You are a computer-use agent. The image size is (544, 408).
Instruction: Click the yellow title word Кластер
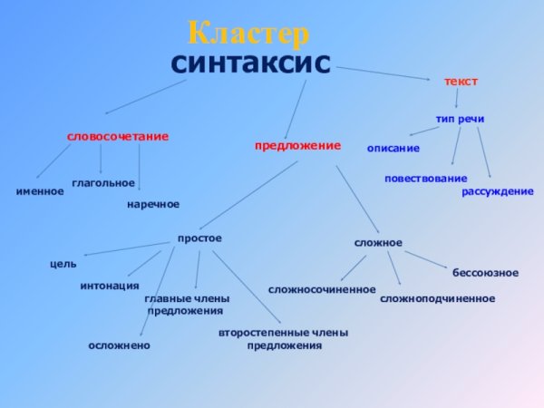click(x=248, y=34)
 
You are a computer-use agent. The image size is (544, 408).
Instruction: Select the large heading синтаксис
click(x=250, y=63)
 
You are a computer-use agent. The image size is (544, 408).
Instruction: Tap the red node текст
click(x=461, y=82)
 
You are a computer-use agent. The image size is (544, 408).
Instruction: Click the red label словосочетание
click(x=118, y=136)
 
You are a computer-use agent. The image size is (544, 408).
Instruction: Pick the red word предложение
click(x=297, y=145)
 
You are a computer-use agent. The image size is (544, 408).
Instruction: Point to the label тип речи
click(x=460, y=120)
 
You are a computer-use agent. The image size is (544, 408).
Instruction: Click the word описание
click(x=393, y=148)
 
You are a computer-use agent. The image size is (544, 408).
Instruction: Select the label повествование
click(x=425, y=179)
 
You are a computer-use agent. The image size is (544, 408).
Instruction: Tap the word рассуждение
click(x=498, y=191)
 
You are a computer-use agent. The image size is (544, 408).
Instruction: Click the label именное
click(x=40, y=191)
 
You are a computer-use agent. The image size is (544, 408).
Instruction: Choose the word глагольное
click(x=103, y=183)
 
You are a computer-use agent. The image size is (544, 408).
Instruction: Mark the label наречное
click(x=153, y=204)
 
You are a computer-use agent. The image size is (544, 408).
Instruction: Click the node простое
click(x=199, y=238)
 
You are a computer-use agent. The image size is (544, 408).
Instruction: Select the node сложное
click(x=377, y=243)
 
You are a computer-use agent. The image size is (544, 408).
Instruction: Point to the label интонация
click(x=110, y=286)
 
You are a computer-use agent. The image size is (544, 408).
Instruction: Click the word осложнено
click(x=120, y=345)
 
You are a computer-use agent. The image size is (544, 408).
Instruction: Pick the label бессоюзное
click(x=485, y=272)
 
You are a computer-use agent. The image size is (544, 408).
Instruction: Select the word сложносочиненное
click(x=322, y=289)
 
